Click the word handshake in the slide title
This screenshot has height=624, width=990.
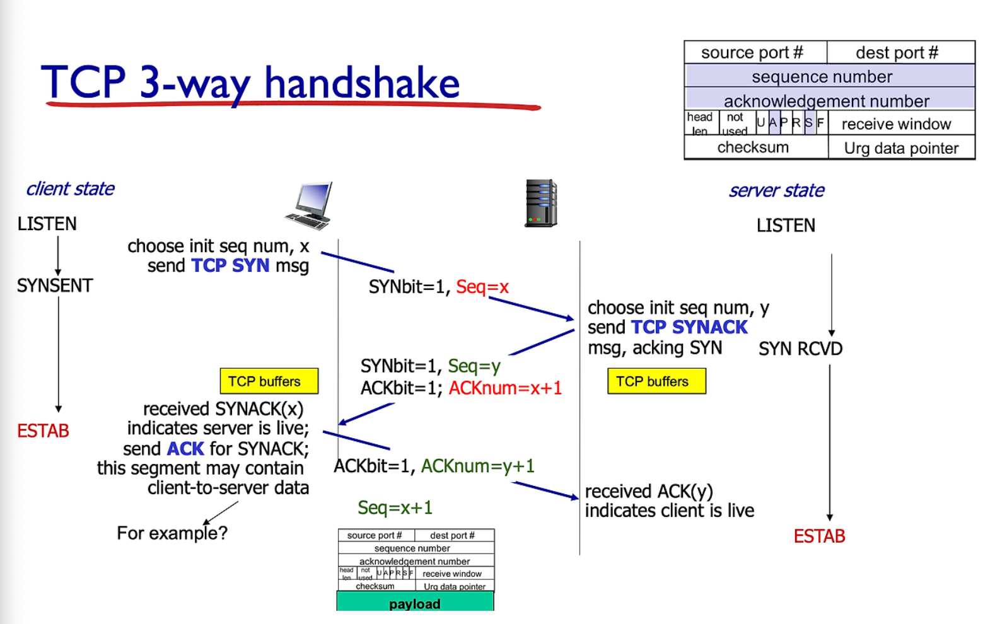point(362,83)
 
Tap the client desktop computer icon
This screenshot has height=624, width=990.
point(309,205)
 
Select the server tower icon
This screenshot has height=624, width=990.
point(541,203)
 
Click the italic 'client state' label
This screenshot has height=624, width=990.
point(70,188)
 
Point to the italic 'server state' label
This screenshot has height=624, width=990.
point(776,190)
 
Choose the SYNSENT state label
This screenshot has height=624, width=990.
point(55,286)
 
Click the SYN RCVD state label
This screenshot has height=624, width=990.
point(800,349)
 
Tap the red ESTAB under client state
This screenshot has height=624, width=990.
point(43,431)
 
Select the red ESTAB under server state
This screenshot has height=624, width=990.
point(819,536)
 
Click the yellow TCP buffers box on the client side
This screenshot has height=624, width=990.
point(269,381)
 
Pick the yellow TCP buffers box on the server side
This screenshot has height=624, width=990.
point(656,381)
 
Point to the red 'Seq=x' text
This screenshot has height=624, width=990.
point(482,287)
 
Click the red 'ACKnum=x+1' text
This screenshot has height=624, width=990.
point(505,388)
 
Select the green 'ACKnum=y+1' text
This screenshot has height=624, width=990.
point(477,466)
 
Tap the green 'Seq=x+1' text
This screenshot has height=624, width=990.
point(395,508)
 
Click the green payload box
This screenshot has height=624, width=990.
point(415,603)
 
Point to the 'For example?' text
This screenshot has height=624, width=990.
point(172,533)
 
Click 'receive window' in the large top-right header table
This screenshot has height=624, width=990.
point(896,124)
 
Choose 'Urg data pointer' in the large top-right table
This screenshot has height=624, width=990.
point(901,148)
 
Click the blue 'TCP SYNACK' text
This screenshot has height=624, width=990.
point(689,327)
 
